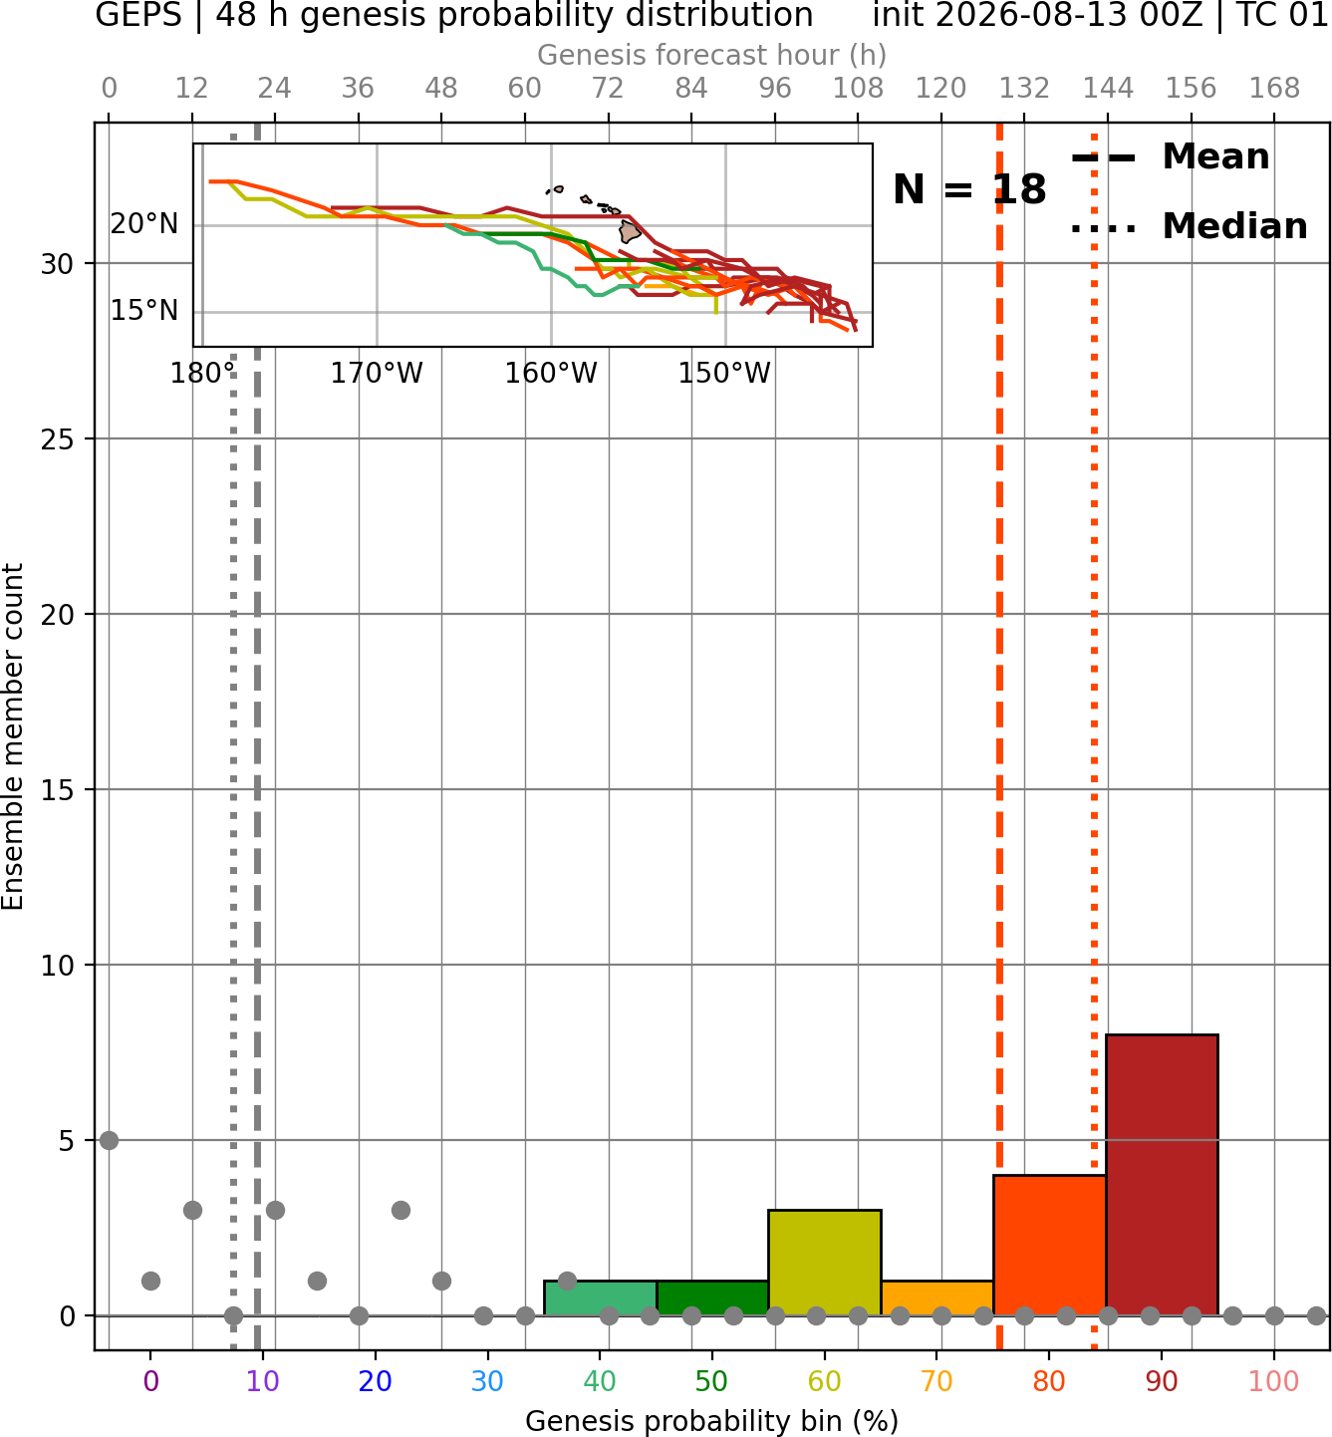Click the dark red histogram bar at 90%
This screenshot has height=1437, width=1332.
(1162, 1176)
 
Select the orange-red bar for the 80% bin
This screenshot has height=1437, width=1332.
(1050, 1246)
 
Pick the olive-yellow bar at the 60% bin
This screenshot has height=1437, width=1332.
(825, 1264)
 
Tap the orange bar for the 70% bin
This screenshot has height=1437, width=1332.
(936, 1298)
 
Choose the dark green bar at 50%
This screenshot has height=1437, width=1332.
(712, 1298)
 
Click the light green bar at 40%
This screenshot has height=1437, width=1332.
(601, 1298)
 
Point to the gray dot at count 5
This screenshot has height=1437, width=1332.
(110, 1140)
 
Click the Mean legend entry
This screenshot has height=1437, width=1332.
(1171, 157)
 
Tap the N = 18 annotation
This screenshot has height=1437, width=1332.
(969, 189)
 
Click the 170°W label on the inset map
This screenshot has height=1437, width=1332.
(377, 374)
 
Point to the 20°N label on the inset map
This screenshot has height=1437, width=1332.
(144, 224)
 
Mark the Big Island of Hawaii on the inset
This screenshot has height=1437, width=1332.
(630, 232)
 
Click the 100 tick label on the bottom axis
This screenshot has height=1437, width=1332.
(1274, 1381)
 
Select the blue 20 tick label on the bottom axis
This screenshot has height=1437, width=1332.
(376, 1381)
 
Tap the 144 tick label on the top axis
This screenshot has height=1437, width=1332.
(1108, 89)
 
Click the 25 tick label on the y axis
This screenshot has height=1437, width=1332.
(58, 439)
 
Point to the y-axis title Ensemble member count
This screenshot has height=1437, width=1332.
(13, 737)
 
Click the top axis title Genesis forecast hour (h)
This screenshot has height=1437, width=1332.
(712, 55)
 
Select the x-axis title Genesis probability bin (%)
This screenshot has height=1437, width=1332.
(712, 1421)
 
